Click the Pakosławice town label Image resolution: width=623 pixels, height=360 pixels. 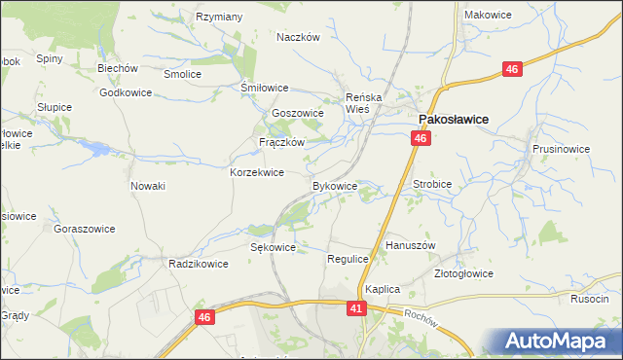tap(453, 120)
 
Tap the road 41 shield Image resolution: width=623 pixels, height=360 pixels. tap(357, 307)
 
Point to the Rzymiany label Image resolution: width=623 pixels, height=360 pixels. tap(219, 18)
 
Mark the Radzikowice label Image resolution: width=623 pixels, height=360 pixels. tap(198, 264)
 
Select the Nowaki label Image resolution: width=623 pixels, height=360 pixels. tap(148, 186)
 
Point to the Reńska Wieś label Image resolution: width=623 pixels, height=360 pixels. tap(367, 103)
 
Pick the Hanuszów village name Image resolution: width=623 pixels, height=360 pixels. tap(411, 246)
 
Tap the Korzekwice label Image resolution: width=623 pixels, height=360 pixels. tap(256, 172)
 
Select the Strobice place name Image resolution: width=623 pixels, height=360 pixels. tap(433, 182)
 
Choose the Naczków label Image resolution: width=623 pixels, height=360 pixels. tap(298, 37)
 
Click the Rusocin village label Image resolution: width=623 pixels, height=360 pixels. tap(590, 300)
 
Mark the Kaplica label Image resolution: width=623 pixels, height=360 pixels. tap(384, 290)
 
